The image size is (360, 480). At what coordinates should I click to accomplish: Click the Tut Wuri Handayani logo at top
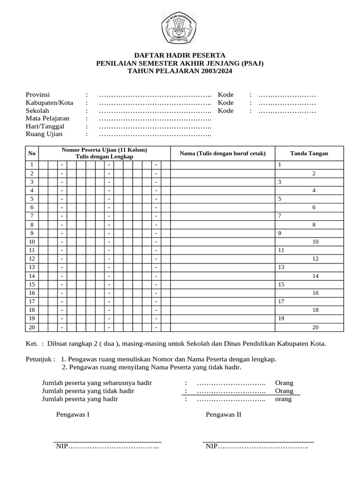pos(180,27)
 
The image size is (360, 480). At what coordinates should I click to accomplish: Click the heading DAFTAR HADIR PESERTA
pos(180,55)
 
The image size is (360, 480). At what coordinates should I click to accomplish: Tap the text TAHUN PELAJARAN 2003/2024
pos(180,71)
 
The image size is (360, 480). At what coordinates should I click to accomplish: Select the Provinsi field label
pos(37,95)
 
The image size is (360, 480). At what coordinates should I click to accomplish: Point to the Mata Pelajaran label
pos(47,119)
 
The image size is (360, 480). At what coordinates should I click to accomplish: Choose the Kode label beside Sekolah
pos(225,111)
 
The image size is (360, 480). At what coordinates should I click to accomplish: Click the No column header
pos(32,153)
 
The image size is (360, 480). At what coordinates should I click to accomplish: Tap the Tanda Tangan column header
pos(309,153)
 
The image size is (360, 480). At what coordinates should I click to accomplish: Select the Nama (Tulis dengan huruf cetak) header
pos(223,153)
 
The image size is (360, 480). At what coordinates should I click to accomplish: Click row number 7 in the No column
pos(32,216)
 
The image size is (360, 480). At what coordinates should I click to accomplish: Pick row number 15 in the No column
pos(32,285)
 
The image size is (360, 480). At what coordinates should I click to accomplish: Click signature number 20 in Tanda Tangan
pos(315,327)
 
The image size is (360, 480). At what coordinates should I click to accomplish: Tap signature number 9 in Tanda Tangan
pos(280,233)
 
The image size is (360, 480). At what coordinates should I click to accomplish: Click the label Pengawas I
pos(73,414)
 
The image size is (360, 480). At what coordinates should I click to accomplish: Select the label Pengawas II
pos(224,414)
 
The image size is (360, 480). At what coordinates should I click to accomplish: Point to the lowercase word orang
pos(284,399)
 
